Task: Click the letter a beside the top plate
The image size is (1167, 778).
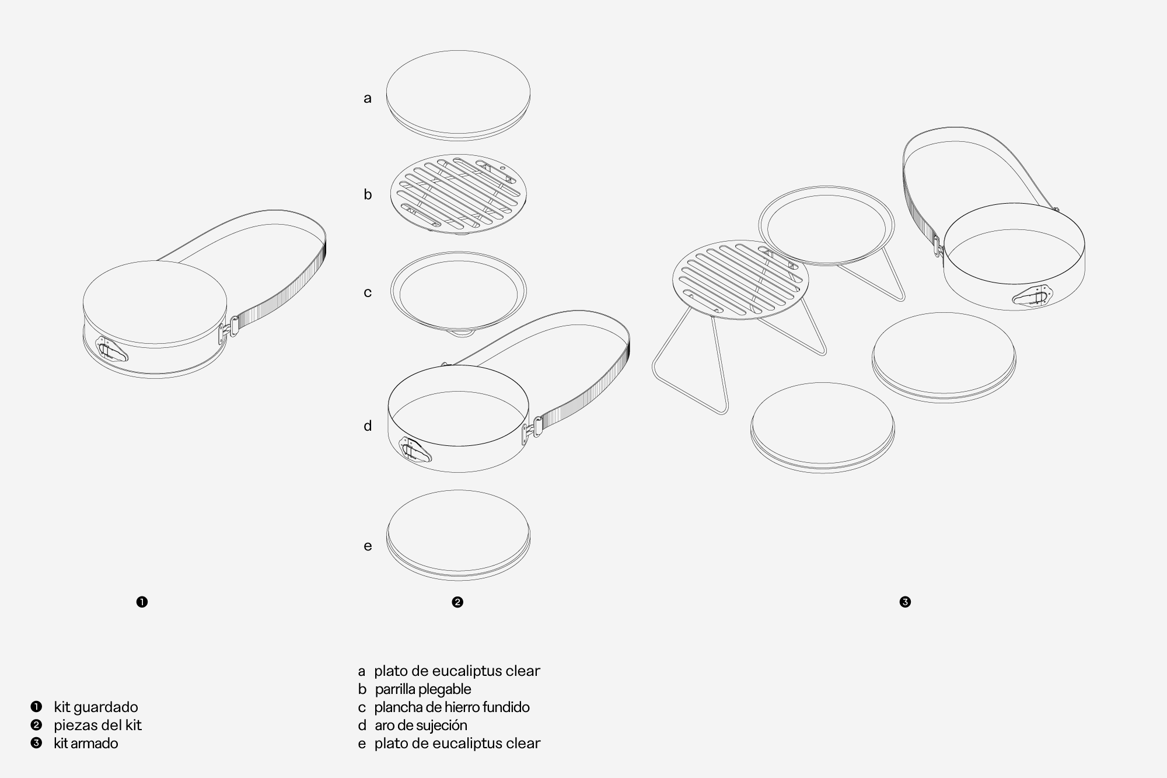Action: tap(367, 98)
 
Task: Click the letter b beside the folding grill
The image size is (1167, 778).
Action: tap(368, 194)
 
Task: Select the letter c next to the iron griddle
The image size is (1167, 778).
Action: tap(368, 292)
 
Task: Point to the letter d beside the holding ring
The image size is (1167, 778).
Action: tap(368, 425)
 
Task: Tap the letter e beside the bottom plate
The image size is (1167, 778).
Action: tap(368, 546)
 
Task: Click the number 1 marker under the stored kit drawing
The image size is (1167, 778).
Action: tap(142, 602)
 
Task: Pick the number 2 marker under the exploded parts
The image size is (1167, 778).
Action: tap(457, 602)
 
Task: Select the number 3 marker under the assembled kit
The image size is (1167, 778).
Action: tap(905, 602)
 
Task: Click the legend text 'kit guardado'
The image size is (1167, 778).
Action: tap(96, 707)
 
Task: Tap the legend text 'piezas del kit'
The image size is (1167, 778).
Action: tap(97, 725)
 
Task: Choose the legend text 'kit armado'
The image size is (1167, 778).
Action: tap(86, 743)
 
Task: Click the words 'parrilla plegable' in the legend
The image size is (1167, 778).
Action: tap(423, 689)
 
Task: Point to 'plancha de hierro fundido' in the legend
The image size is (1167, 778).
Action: tap(452, 707)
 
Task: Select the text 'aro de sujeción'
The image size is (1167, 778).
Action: tap(421, 725)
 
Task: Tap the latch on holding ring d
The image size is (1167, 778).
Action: tap(415, 450)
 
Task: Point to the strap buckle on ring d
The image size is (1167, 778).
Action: tap(533, 428)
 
